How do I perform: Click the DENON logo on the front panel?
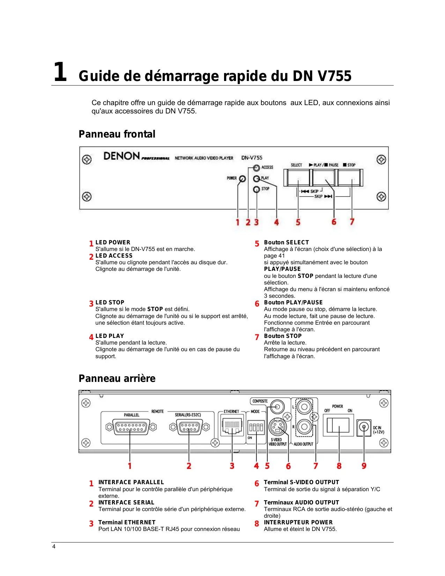121,156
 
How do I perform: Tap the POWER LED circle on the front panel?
242,179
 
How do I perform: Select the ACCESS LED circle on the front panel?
257,168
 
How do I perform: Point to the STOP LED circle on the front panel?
257,189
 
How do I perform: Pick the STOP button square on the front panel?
350,178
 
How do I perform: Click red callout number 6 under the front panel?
334,222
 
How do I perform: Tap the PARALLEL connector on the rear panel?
131,427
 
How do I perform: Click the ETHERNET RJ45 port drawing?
232,426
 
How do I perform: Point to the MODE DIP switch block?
256,427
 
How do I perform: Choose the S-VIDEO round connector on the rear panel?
277,427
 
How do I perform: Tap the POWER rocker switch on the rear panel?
338,426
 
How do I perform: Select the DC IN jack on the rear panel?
364,427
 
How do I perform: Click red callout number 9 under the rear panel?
364,466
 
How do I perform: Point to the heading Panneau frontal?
117,134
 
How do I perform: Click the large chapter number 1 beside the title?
60,72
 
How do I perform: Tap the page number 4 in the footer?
54,547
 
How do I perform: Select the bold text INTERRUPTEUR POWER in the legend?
298,523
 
